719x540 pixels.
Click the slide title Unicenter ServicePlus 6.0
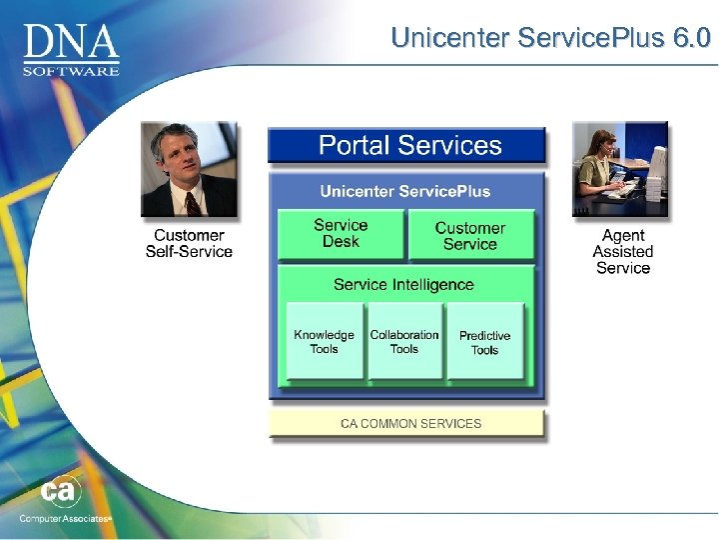[x=550, y=38]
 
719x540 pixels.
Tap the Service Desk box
[x=341, y=234]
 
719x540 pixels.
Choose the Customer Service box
[x=470, y=236]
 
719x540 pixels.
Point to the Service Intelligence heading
[x=403, y=285]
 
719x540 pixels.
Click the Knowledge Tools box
[x=324, y=342]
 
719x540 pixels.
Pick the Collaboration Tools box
[x=403, y=342]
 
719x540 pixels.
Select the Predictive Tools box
[x=484, y=343]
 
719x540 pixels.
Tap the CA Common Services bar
[x=409, y=423]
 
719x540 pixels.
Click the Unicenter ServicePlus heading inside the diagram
[x=404, y=191]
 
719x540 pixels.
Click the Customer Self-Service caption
[x=189, y=243]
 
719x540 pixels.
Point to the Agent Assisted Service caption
[x=623, y=251]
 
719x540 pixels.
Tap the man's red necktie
[x=193, y=204]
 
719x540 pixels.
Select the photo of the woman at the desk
[x=619, y=169]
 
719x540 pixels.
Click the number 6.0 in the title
[x=691, y=38]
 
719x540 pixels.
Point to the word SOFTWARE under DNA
[x=71, y=70]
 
